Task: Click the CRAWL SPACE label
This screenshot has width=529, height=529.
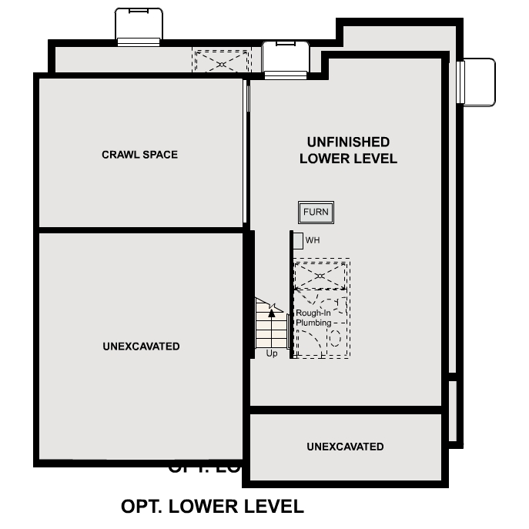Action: point(139,155)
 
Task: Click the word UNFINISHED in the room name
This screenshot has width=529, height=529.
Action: point(348,142)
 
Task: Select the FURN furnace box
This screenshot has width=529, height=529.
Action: point(316,213)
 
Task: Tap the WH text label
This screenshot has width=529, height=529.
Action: point(312,240)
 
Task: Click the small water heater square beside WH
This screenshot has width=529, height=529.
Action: point(298,240)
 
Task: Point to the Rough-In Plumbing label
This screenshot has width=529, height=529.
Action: point(313,318)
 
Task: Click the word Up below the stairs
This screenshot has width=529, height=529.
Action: point(271,353)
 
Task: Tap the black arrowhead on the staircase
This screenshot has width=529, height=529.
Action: point(271,313)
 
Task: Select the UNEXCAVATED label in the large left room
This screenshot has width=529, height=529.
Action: point(141,347)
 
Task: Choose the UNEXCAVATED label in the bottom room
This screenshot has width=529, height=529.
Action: point(345,447)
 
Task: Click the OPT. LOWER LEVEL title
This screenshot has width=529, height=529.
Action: point(213,507)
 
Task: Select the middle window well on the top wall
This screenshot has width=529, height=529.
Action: point(285,59)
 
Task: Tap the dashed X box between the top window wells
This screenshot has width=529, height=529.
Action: point(222,62)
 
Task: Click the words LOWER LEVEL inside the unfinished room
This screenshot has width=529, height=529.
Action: point(348,159)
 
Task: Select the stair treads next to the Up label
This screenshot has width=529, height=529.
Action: point(271,331)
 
